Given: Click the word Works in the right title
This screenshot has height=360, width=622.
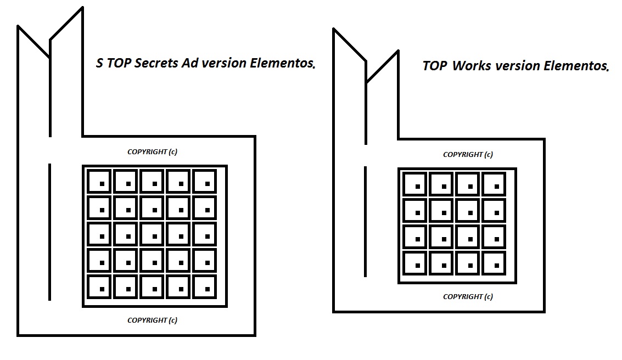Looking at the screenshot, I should pos(472,66).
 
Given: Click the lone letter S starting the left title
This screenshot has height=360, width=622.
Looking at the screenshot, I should pos(99,63).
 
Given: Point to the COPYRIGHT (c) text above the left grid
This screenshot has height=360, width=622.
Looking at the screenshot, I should pos(152,152).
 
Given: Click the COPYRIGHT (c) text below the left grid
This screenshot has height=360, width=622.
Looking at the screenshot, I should pos(152,320).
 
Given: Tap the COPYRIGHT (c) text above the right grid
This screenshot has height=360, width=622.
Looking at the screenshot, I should pos(468,155).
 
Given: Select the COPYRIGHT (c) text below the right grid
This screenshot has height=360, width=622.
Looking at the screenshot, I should pos(468,297).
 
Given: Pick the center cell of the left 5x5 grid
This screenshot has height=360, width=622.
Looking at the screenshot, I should pos(153,234).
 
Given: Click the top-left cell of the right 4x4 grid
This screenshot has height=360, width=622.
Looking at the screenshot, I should pos(416,184).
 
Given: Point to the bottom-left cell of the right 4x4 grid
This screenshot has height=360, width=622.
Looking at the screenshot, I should pos(416,264).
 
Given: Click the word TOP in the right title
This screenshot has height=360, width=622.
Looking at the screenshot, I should pos(435,66).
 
